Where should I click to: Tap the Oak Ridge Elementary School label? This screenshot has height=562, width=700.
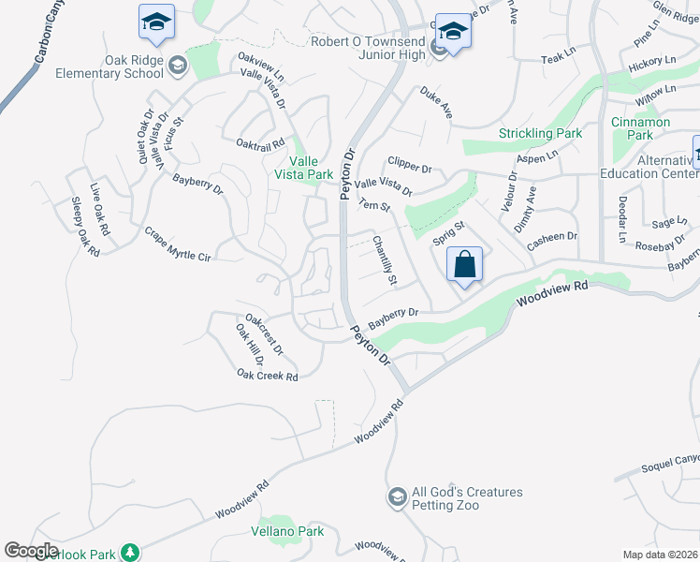(x=114, y=67)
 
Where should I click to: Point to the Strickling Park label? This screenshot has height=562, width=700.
(x=541, y=134)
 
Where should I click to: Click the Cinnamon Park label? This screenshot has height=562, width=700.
(x=640, y=128)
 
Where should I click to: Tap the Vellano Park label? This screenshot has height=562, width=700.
(x=287, y=531)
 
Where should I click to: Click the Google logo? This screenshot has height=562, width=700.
(x=31, y=551)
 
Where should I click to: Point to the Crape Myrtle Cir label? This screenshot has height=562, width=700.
(x=177, y=244)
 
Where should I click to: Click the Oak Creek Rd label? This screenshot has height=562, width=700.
(x=267, y=376)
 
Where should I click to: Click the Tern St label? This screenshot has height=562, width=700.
(x=374, y=205)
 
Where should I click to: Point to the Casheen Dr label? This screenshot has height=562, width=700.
(x=552, y=237)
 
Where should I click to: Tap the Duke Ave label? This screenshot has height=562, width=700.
(x=436, y=103)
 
